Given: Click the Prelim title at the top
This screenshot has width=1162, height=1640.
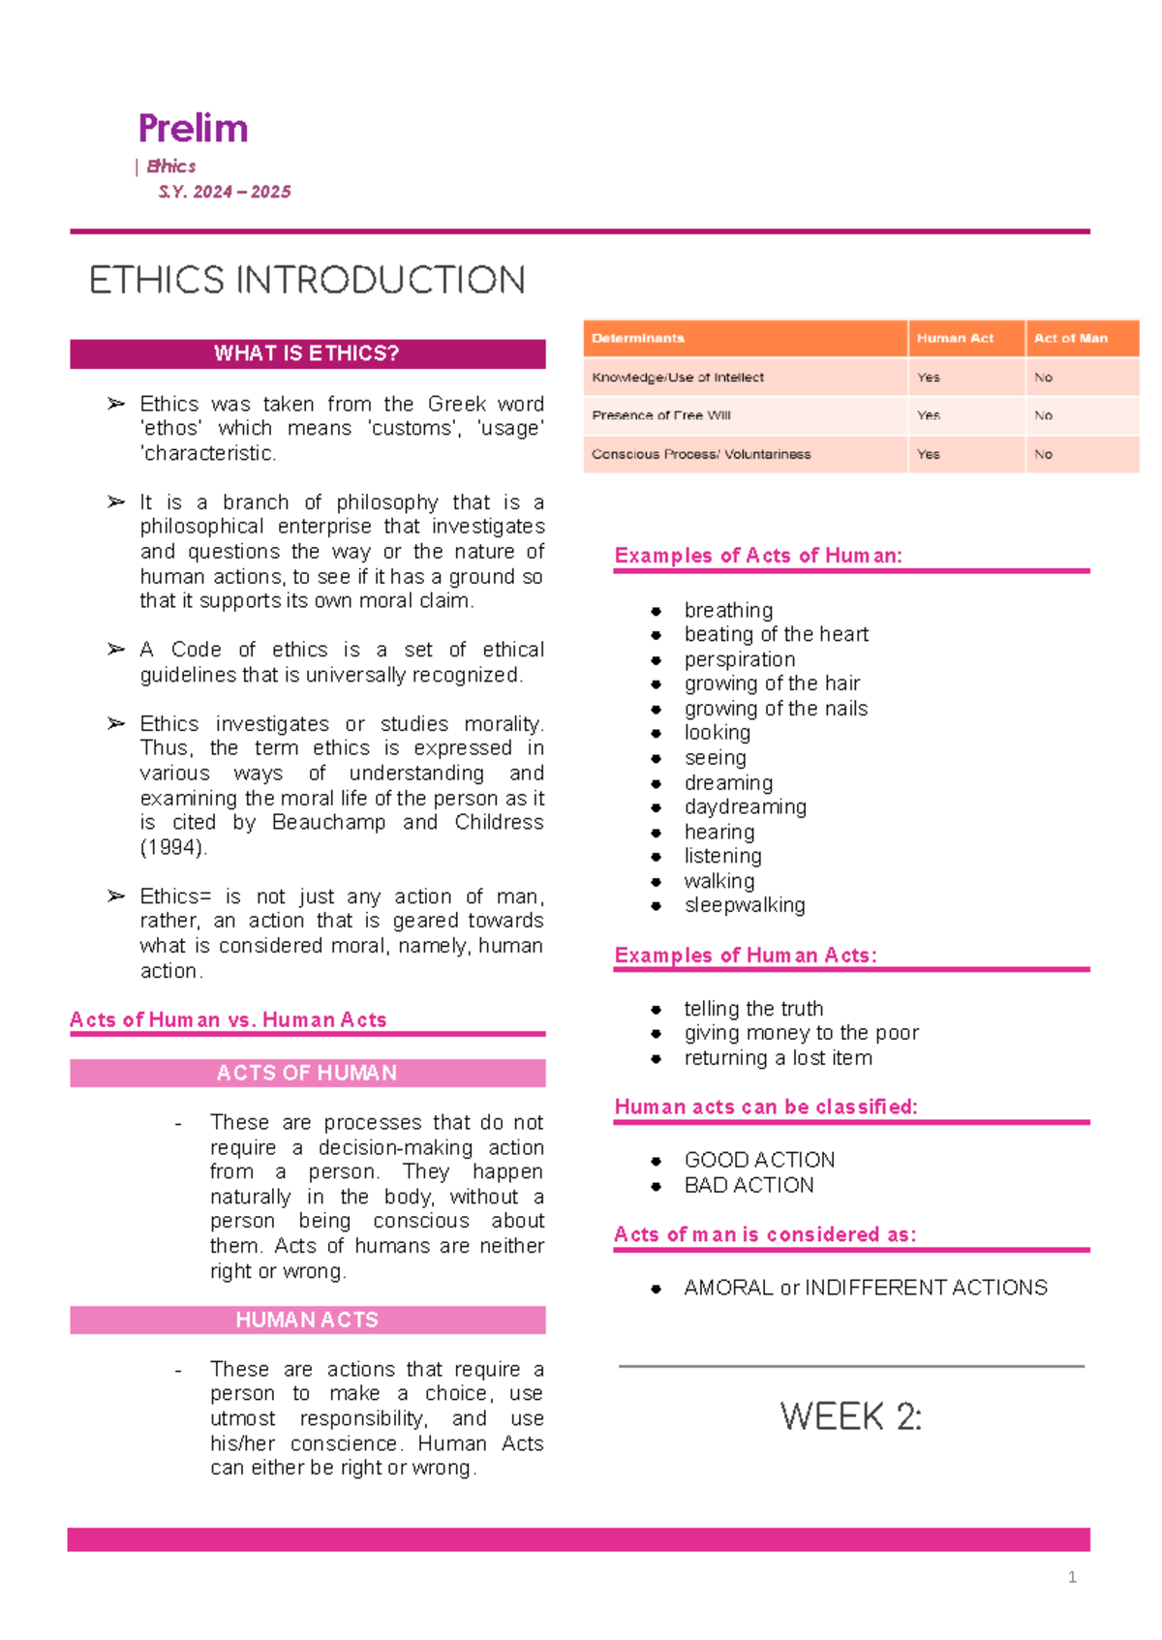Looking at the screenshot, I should [193, 129].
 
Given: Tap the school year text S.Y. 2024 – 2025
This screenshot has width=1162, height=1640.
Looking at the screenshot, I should [225, 192].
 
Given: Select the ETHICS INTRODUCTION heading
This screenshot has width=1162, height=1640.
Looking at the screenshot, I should [307, 281].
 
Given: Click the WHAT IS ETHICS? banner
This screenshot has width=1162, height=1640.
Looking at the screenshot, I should [307, 353].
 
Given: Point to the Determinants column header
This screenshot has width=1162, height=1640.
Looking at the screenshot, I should [638, 338].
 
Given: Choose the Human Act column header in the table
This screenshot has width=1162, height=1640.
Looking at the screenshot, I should [955, 338].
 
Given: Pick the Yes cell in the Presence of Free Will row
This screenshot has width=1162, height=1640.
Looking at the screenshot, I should [928, 415].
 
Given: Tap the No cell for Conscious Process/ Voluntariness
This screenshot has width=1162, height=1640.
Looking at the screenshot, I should [1043, 454].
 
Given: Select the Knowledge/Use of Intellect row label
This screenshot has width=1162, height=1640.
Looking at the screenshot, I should [678, 378].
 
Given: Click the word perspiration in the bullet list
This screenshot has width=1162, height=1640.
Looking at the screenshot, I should [740, 659].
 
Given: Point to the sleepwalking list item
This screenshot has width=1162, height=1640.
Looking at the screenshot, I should [745, 905].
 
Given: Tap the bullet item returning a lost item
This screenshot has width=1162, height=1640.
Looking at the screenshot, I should [778, 1058].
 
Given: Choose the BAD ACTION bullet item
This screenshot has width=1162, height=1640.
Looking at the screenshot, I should [749, 1185].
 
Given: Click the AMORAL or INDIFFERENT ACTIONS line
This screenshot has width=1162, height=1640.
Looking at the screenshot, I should [866, 1288].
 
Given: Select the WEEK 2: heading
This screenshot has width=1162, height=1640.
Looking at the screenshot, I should [850, 1417].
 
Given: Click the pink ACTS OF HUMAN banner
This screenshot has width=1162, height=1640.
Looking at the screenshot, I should [307, 1073].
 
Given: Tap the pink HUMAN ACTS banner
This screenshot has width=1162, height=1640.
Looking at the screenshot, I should [307, 1320].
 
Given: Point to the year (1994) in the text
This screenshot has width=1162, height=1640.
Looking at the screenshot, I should [173, 847].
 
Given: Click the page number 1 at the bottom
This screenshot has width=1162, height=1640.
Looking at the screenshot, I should [1072, 1577].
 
